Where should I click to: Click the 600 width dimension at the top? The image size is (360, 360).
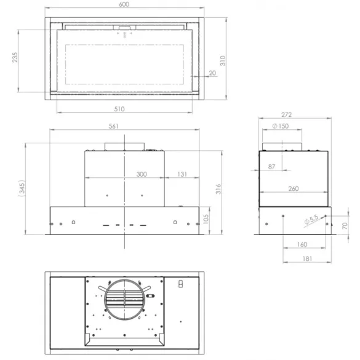(x=124, y=4)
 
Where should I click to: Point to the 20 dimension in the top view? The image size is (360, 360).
(x=212, y=74)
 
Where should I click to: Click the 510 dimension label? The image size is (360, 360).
(x=119, y=109)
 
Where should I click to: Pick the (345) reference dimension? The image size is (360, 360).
(x=21, y=188)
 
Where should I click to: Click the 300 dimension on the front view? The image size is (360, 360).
(x=142, y=175)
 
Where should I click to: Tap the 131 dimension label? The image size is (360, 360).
(x=183, y=175)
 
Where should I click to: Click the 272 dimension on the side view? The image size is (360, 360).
(x=284, y=115)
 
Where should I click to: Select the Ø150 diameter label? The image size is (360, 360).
(x=280, y=127)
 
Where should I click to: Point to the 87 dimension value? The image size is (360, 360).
(x=271, y=167)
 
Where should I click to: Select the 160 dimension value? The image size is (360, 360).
(x=302, y=244)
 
